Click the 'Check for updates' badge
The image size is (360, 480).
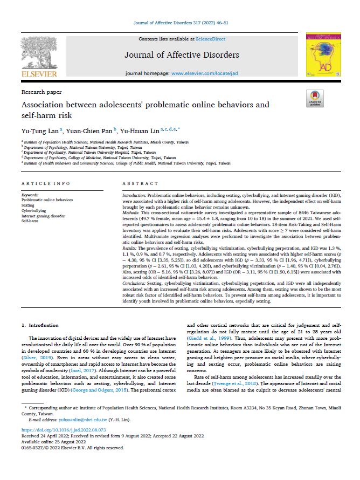click(314, 98)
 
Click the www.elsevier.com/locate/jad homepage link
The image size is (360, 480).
click(197, 72)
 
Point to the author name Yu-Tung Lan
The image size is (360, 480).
click(36, 130)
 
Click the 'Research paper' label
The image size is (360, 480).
click(42, 92)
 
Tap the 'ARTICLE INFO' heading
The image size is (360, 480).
click(43, 184)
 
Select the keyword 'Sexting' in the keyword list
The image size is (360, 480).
click(28, 205)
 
